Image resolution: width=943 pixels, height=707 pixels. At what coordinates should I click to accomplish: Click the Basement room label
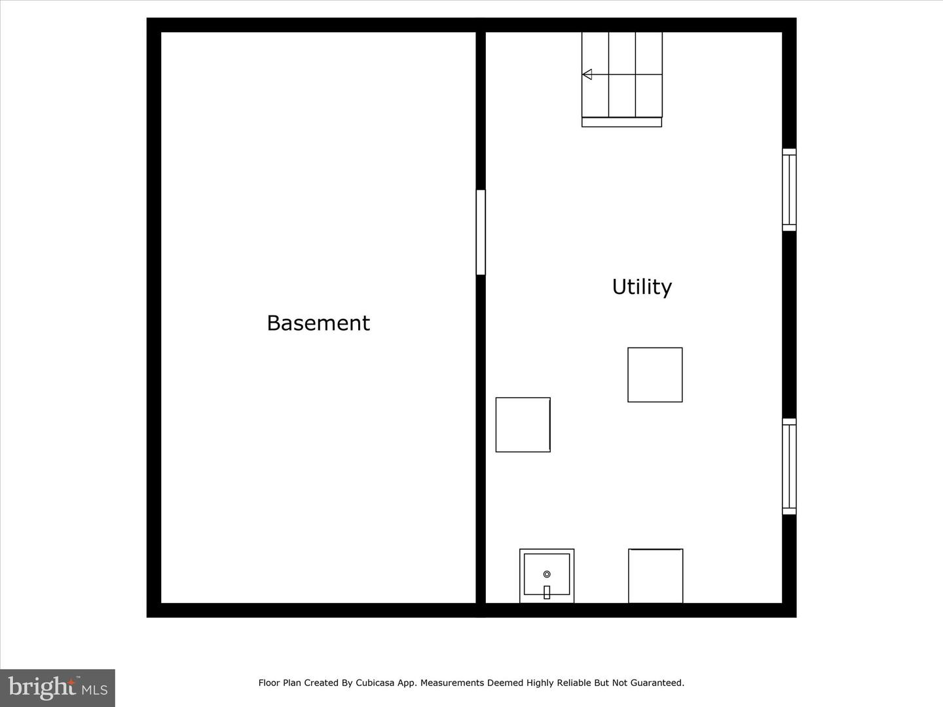pyautogui.click(x=318, y=323)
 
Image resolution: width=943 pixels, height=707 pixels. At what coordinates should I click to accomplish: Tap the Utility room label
pyautogui.click(x=642, y=287)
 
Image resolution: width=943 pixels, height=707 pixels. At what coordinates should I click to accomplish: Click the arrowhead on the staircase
pyautogui.click(x=587, y=75)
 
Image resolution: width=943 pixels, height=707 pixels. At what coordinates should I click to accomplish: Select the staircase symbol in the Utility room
pyautogui.click(x=622, y=75)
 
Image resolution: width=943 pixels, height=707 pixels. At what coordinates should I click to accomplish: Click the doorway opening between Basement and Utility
pyautogui.click(x=481, y=232)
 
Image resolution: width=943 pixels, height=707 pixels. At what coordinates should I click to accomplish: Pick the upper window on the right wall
pyautogui.click(x=789, y=190)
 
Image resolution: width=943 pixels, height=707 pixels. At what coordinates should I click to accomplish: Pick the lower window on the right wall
pyautogui.click(x=789, y=466)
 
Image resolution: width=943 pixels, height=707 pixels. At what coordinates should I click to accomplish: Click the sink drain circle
pyautogui.click(x=547, y=574)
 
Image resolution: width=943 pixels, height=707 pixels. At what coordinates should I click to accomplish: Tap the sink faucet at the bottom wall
pyautogui.click(x=547, y=592)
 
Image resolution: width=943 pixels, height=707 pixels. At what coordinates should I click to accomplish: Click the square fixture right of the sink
pyautogui.click(x=656, y=576)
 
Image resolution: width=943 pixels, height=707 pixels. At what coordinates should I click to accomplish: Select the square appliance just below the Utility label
pyautogui.click(x=655, y=374)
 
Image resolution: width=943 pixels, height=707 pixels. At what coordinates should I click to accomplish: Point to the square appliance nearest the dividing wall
pyautogui.click(x=523, y=424)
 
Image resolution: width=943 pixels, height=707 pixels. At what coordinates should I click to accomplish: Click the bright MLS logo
pyautogui.click(x=58, y=687)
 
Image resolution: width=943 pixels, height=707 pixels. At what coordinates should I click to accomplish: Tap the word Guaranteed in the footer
pyautogui.click(x=657, y=683)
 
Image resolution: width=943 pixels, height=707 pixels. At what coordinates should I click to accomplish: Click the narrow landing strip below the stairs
pyautogui.click(x=621, y=122)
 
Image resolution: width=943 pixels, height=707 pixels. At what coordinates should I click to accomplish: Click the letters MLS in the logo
pyautogui.click(x=94, y=690)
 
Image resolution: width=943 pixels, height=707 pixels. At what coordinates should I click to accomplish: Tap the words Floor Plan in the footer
pyautogui.click(x=280, y=683)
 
